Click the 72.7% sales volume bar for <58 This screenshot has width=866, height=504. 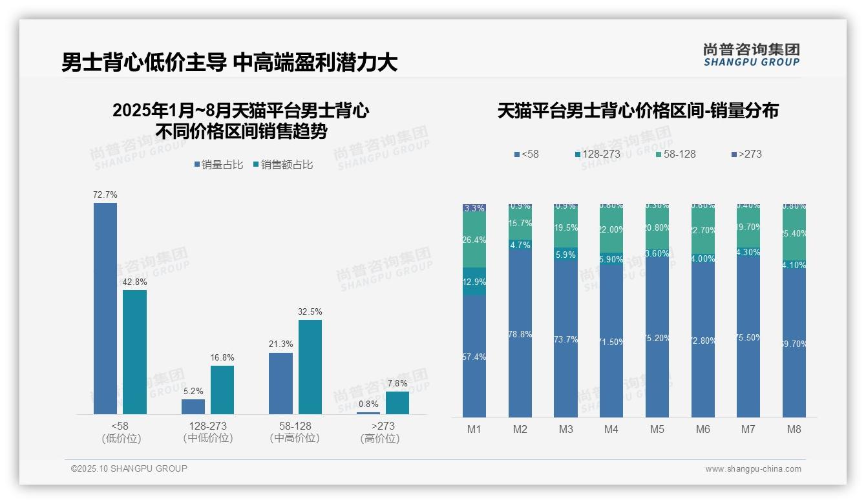[105, 308]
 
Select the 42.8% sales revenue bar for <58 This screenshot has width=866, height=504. [135, 352]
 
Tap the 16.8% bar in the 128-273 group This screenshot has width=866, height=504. [222, 390]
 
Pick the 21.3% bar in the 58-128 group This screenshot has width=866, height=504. [280, 383]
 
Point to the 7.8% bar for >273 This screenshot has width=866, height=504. [397, 403]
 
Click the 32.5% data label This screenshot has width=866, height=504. [310, 311]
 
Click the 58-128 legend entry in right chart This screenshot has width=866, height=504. [679, 154]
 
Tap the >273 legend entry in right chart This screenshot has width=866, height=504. [750, 154]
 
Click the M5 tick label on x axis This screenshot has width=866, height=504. [657, 430]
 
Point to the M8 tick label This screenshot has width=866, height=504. [794, 430]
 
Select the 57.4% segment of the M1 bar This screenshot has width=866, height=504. [474, 357]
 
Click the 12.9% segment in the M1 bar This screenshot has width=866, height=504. [474, 282]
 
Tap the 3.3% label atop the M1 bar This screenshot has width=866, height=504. [474, 208]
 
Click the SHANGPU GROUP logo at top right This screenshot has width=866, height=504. [752, 55]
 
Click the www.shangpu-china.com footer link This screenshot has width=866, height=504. [753, 469]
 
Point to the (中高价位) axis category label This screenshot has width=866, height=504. [295, 438]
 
